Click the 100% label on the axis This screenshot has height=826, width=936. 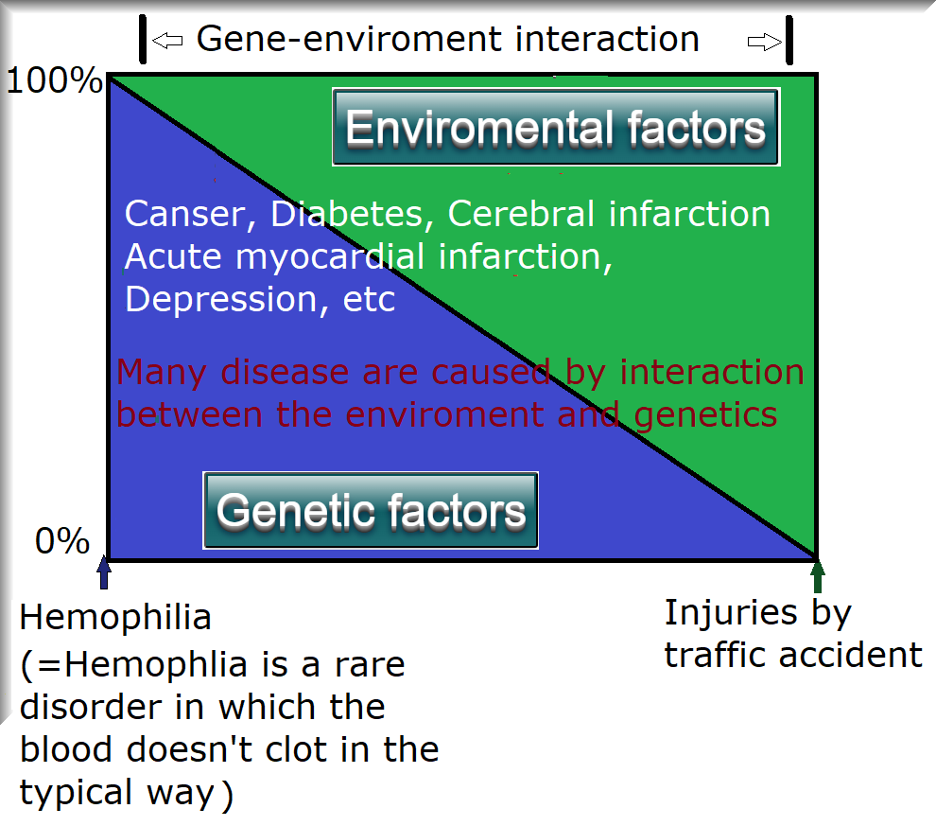(54, 80)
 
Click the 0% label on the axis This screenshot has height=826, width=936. (62, 540)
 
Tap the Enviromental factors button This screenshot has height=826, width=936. (556, 127)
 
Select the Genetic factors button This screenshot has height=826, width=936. (371, 511)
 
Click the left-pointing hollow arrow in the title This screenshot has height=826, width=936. (167, 41)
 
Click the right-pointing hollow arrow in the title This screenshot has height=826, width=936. (765, 42)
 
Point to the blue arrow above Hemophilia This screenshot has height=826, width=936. (104, 572)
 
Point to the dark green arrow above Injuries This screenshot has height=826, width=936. (818, 576)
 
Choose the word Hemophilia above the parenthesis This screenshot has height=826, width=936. (115, 617)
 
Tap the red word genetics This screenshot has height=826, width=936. (705, 415)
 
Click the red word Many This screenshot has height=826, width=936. (162, 374)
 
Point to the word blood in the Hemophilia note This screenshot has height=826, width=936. (65, 749)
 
